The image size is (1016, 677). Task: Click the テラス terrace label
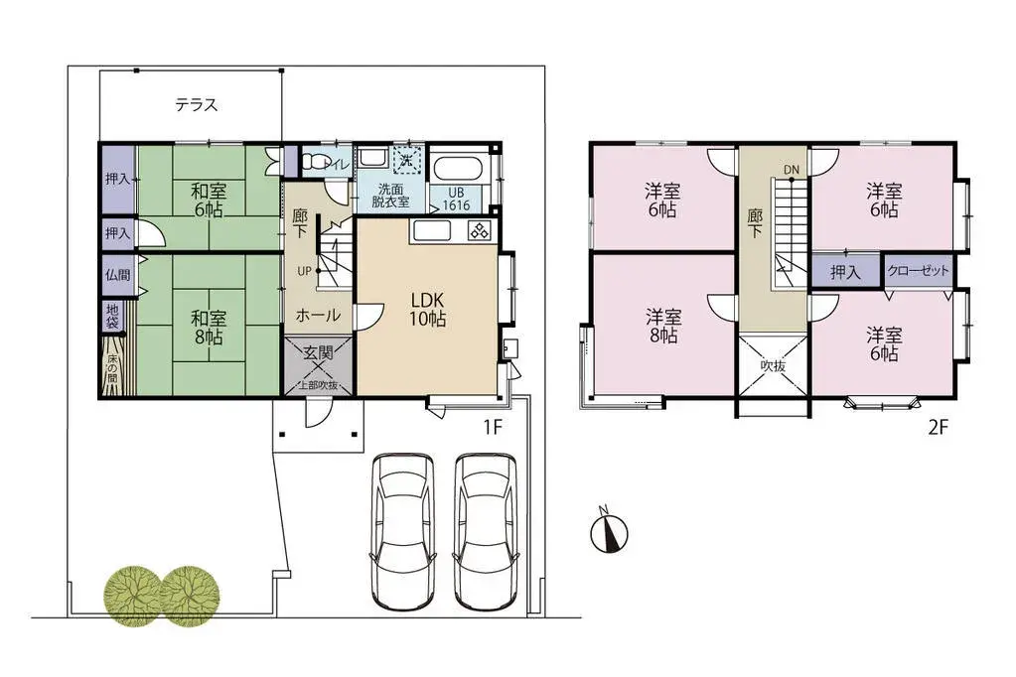[197, 104]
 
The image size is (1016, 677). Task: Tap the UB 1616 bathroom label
[456, 199]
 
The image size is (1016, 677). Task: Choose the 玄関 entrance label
[319, 352]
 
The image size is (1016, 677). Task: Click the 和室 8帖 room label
[209, 327]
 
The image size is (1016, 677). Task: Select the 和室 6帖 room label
[209, 198]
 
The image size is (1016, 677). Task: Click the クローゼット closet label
[918, 271]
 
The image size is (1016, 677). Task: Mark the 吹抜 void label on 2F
[773, 365]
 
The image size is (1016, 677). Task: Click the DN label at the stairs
[791, 170]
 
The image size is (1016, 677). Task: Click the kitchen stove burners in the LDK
[478, 231]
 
